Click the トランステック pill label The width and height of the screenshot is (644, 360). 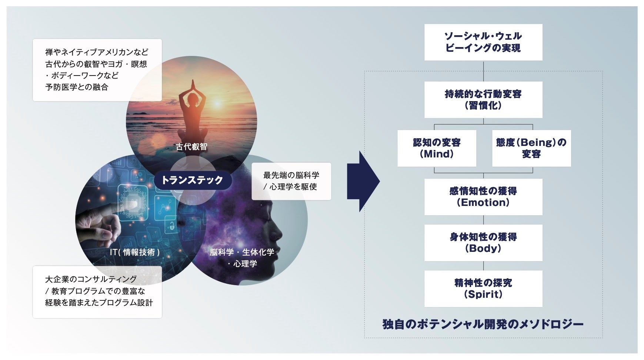tap(192, 180)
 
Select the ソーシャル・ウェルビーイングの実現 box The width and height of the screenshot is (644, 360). tap(483, 42)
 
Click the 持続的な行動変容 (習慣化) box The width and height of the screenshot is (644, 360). tap(483, 100)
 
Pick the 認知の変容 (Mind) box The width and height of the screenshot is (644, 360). tap(437, 148)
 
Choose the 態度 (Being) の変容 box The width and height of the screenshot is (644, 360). tap(531, 148)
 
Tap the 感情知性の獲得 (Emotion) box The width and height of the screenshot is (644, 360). tap(483, 197)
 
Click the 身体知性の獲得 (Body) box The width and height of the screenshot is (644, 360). tap(483, 243)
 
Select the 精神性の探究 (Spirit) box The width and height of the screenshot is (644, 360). tap(483, 289)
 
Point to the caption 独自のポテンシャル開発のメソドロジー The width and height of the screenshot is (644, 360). tap(483, 324)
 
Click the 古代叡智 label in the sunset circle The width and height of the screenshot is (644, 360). tap(191, 147)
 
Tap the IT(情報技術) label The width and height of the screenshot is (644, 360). tap(135, 252)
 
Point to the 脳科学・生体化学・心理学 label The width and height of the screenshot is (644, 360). tap(242, 258)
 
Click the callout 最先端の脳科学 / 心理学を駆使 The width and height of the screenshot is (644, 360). tap(291, 181)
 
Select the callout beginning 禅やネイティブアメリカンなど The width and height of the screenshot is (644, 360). tap(97, 70)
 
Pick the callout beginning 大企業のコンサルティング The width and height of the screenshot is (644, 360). tap(97, 291)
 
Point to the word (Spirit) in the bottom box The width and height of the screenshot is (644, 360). tap(483, 294)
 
